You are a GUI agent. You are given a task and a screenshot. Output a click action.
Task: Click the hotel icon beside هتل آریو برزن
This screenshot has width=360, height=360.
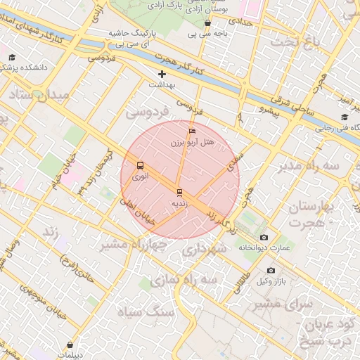tap(192, 131)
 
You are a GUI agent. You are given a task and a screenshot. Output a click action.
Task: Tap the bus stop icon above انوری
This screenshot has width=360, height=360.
tap(141, 166)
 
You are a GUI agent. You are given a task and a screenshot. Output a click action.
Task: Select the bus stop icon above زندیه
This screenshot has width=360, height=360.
tap(179, 192)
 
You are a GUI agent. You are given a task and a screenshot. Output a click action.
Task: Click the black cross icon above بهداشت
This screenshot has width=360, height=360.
tap(162, 74)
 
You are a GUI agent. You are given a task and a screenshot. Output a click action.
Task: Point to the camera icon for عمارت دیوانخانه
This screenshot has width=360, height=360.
tap(264, 238)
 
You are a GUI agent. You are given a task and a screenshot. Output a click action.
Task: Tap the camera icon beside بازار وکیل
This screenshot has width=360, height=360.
tap(271, 271)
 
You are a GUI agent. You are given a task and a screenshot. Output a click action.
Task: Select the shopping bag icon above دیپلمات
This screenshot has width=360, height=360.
tap(70, 345)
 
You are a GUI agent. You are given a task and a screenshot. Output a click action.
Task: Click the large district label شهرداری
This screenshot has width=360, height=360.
tap(224, 249)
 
